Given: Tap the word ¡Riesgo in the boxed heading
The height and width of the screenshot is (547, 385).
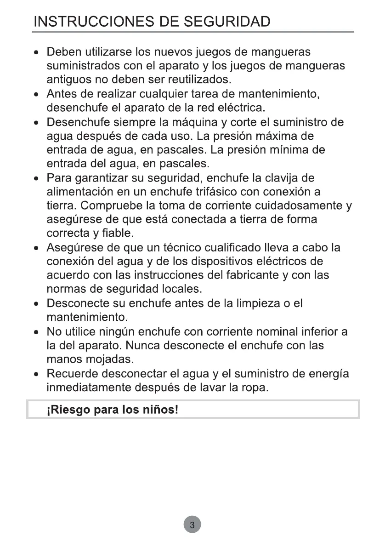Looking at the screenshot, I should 68,410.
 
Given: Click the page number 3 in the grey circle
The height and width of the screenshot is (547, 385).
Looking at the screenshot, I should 192,525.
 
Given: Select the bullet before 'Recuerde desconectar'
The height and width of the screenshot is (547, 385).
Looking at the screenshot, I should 37,374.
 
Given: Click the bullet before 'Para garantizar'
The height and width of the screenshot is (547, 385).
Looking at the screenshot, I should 37,178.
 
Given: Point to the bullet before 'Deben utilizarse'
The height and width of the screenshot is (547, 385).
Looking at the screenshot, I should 37,52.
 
